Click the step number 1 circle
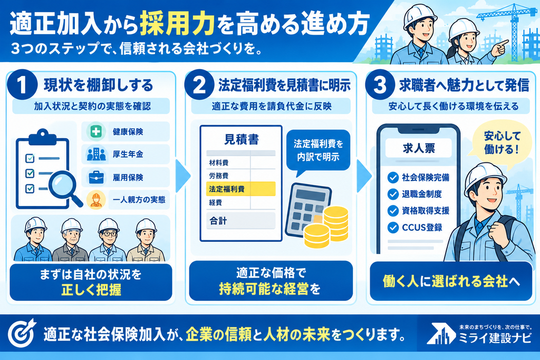[x=22, y=85]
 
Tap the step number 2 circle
[x=199, y=85]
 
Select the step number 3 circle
[x=380, y=85]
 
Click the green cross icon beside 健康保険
[x=96, y=131]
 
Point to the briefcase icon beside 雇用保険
[x=96, y=177]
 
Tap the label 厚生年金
[x=128, y=154]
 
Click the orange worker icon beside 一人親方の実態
[x=96, y=200]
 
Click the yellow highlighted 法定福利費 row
[x=240, y=189]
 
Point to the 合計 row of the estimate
[x=240, y=221]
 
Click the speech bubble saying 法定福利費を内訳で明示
[x=318, y=152]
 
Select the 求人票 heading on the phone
[x=419, y=148]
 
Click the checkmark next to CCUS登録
[x=393, y=228]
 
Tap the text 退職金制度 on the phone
[x=422, y=194]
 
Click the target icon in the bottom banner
[x=22, y=333]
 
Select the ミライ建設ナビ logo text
[x=495, y=338]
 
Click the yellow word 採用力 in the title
[x=177, y=24]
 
